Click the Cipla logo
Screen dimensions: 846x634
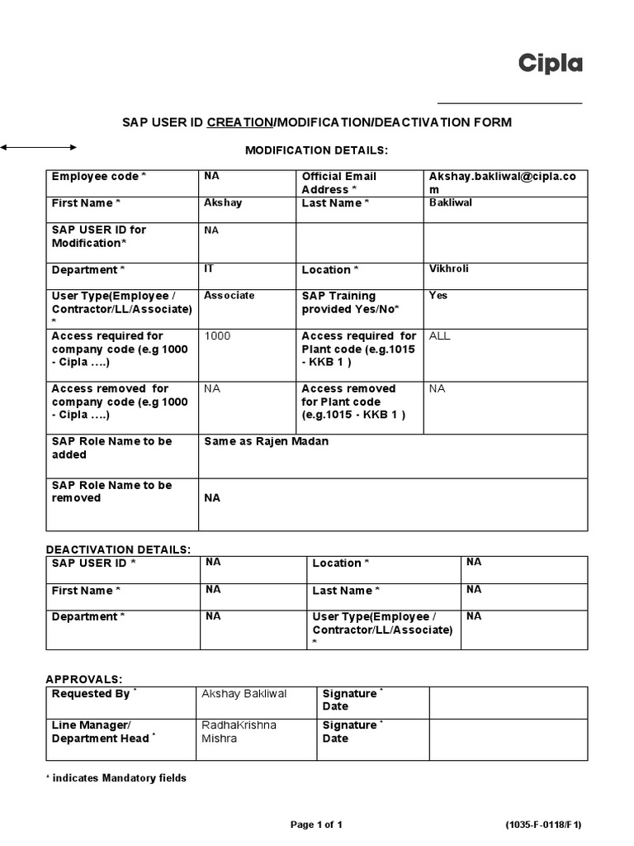pyautogui.click(x=550, y=64)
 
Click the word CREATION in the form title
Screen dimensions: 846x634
pyautogui.click(x=239, y=122)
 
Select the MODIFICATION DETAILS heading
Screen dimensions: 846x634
pyautogui.click(x=316, y=150)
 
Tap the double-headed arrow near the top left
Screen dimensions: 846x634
pyautogui.click(x=38, y=147)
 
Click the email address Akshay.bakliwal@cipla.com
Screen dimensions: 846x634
pyautogui.click(x=503, y=183)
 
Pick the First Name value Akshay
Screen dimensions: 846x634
pyautogui.click(x=223, y=202)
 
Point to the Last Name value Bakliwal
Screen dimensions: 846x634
pyautogui.click(x=451, y=202)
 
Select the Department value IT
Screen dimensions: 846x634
pyautogui.click(x=209, y=269)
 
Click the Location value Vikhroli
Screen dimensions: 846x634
pyautogui.click(x=449, y=269)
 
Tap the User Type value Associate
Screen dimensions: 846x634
pyautogui.click(x=229, y=295)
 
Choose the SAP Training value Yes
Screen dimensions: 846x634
pyautogui.click(x=438, y=295)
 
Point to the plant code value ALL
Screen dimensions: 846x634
pyautogui.click(x=440, y=336)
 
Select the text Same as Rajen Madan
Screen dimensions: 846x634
pyautogui.click(x=266, y=441)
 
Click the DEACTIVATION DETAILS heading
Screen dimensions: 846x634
pyautogui.click(x=118, y=549)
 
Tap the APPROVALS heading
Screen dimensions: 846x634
pyautogui.click(x=84, y=679)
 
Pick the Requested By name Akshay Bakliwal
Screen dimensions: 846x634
pyautogui.click(x=244, y=694)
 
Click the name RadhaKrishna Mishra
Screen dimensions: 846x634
pyautogui.click(x=239, y=731)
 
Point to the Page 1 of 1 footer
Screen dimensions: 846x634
pyautogui.click(x=316, y=825)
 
